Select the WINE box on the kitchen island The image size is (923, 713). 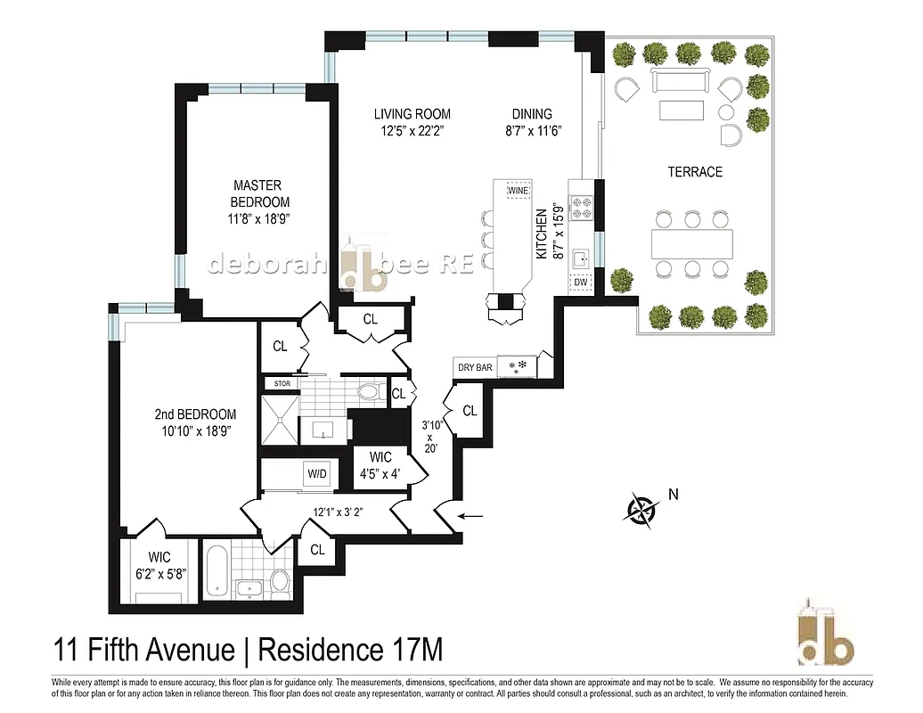(518, 190)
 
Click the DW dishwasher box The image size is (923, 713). (581, 283)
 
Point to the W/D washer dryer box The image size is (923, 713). (317, 472)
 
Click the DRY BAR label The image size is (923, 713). (475, 367)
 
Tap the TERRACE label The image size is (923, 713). (695, 171)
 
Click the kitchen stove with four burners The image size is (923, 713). (582, 208)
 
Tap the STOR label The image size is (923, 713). (282, 384)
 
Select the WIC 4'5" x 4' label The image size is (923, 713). (380, 466)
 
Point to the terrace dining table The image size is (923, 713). (691, 242)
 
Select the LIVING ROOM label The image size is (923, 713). (412, 121)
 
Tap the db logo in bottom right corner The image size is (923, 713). (823, 634)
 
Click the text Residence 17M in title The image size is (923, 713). (350, 650)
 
